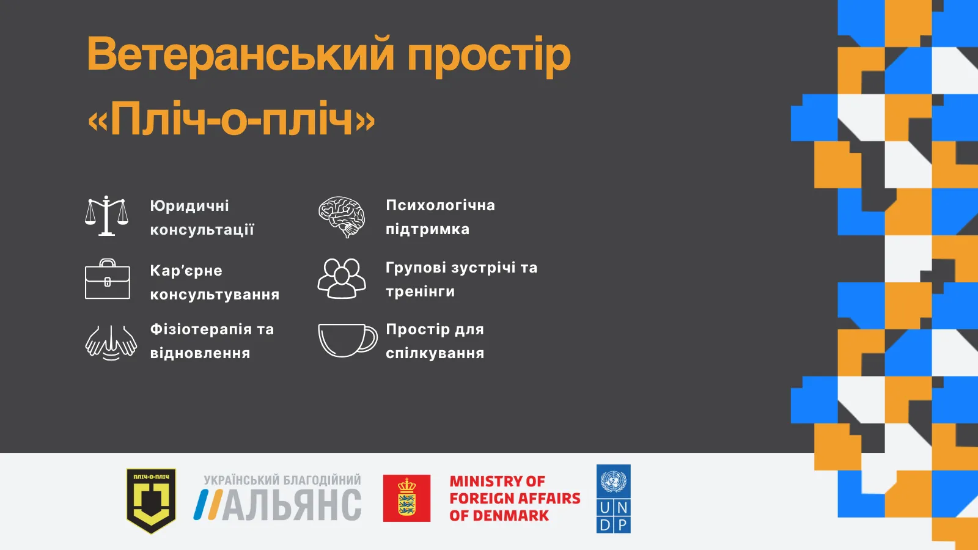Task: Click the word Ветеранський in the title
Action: (x=240, y=54)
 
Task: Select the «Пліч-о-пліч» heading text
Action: (x=231, y=119)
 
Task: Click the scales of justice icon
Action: (x=106, y=216)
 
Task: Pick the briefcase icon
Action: (x=108, y=280)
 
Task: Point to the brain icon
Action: (x=342, y=216)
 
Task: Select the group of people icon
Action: (x=342, y=279)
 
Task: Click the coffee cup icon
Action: (x=347, y=340)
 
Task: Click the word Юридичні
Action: (x=189, y=206)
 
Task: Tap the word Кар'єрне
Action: (x=186, y=271)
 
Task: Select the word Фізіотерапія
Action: (x=200, y=329)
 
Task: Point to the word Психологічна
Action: (x=440, y=205)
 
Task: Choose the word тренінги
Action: (x=420, y=291)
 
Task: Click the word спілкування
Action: (x=435, y=353)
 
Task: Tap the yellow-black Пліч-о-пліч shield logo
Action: (x=151, y=500)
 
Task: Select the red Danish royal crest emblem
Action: (x=406, y=498)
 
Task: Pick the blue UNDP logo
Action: (x=613, y=499)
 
